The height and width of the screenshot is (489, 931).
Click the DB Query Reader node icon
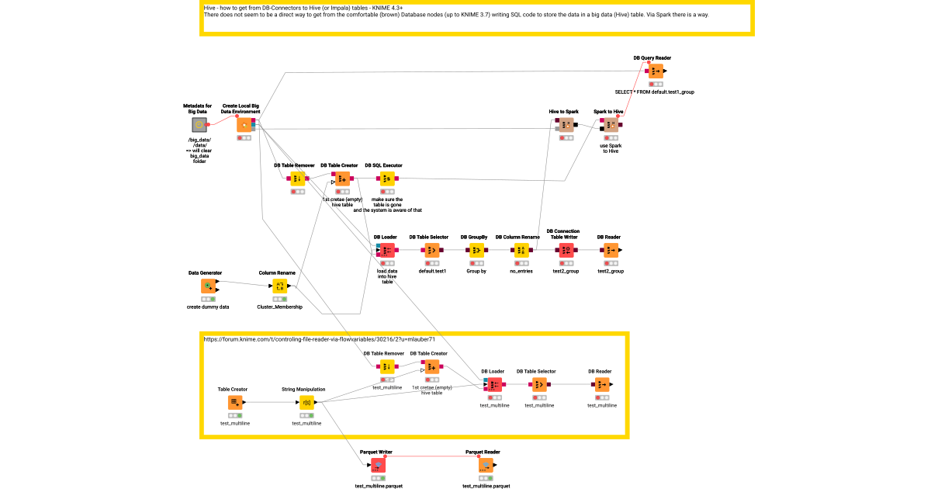[x=655, y=71]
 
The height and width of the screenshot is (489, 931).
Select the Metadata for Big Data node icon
[x=199, y=125]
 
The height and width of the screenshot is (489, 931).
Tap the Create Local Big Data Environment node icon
[x=244, y=125]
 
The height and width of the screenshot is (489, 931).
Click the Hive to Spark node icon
[x=566, y=125]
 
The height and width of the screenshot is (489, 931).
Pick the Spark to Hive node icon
[x=611, y=125]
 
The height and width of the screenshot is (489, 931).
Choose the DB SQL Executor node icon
[x=387, y=179]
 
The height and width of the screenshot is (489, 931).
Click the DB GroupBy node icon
[x=476, y=250]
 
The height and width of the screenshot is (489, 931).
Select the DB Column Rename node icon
[x=521, y=250]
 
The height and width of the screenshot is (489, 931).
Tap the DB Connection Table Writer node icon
[x=566, y=250]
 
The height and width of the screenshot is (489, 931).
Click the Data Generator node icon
[x=208, y=286]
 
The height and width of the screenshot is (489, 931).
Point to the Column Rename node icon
[x=280, y=286]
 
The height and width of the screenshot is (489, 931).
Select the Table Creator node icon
[x=235, y=402]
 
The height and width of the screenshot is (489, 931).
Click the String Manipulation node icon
[x=306, y=402]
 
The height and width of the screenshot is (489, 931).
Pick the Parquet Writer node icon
[x=378, y=465]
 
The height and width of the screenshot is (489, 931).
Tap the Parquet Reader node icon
[x=486, y=465]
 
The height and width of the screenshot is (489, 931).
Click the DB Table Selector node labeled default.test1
[x=432, y=250]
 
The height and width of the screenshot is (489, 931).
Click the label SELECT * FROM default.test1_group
[x=654, y=92]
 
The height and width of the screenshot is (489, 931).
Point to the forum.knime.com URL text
[x=319, y=339]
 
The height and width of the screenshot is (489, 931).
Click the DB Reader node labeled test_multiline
[x=601, y=384]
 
